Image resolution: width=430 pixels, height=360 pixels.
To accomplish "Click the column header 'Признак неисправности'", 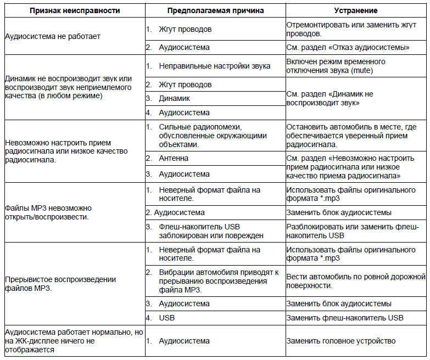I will (x=75, y=10).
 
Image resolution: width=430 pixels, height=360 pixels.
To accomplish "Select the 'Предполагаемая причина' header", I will (x=216, y=10).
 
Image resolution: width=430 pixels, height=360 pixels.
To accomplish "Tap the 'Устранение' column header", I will (x=356, y=10).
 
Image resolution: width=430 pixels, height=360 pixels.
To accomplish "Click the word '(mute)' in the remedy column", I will (x=374, y=70).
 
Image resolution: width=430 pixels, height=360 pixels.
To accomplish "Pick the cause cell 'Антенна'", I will (x=174, y=158).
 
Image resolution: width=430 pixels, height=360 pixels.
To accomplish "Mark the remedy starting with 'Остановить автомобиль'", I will (x=352, y=135).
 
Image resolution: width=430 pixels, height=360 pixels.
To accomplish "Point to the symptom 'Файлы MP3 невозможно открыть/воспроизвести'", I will (x=48, y=212).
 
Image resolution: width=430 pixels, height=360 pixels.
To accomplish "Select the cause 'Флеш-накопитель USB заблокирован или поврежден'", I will (x=209, y=231).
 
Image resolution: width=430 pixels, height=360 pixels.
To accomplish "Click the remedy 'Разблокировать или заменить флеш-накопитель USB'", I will (x=352, y=231).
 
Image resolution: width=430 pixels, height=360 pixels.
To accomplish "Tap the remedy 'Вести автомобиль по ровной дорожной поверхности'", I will (x=356, y=281).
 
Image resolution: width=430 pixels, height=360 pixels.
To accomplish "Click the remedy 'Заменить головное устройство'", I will (x=340, y=341).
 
